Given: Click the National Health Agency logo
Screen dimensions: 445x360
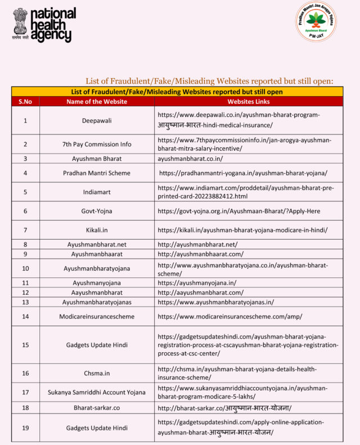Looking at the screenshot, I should coord(44,25).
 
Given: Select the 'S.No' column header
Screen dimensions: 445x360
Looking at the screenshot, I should coord(25,102).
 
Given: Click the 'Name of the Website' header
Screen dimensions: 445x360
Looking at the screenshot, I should coord(97,102).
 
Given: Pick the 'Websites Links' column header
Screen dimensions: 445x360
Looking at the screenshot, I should coord(248,102).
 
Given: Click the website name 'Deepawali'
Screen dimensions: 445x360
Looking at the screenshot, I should coord(97,120).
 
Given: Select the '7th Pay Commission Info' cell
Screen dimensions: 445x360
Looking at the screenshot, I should coord(97,144).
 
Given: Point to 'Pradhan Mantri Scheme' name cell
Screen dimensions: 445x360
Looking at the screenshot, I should coord(97,173).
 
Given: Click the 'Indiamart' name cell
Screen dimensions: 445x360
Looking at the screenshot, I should coord(97,192).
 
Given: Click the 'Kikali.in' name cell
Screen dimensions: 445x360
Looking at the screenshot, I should coord(97,230).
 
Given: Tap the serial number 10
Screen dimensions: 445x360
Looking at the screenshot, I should coord(25,269).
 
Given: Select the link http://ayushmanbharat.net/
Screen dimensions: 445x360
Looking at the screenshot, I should coord(197,245).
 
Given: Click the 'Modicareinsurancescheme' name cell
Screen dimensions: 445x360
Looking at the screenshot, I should coord(97,317).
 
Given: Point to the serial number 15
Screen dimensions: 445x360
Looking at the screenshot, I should coord(25,344).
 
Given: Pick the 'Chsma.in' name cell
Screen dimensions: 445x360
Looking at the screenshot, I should coord(97,374).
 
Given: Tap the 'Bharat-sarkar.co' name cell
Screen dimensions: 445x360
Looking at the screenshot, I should coord(97,407).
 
